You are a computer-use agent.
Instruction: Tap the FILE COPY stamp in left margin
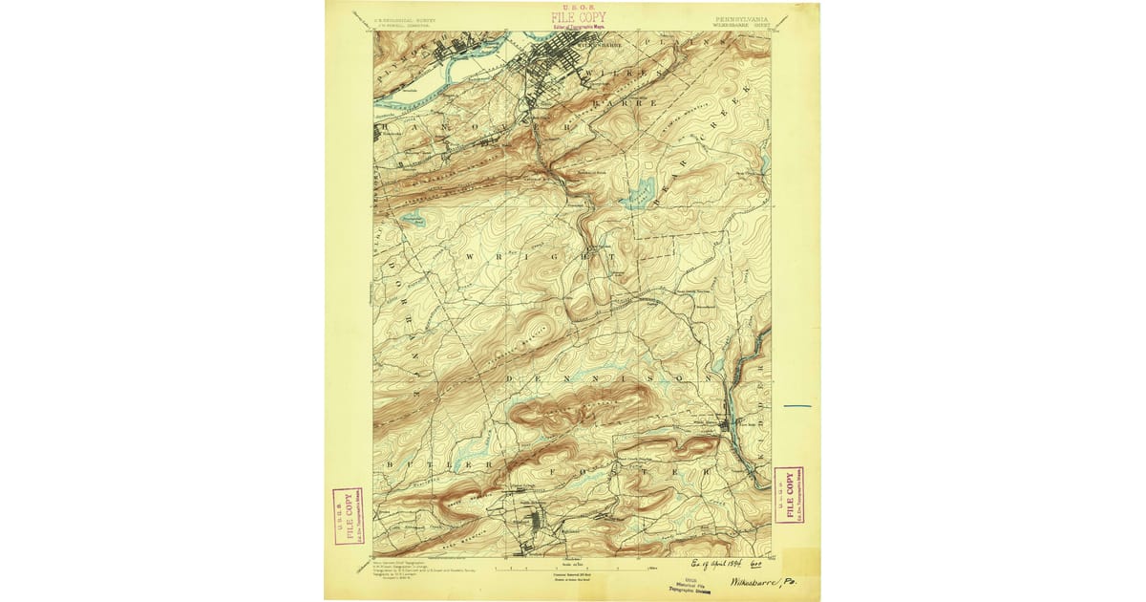point(348,516)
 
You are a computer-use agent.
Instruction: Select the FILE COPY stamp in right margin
point(788,495)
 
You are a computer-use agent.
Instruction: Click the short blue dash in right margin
point(796,406)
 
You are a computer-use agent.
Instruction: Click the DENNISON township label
point(611,379)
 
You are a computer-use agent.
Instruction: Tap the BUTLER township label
point(427,462)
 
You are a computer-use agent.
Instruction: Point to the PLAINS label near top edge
point(697,43)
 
